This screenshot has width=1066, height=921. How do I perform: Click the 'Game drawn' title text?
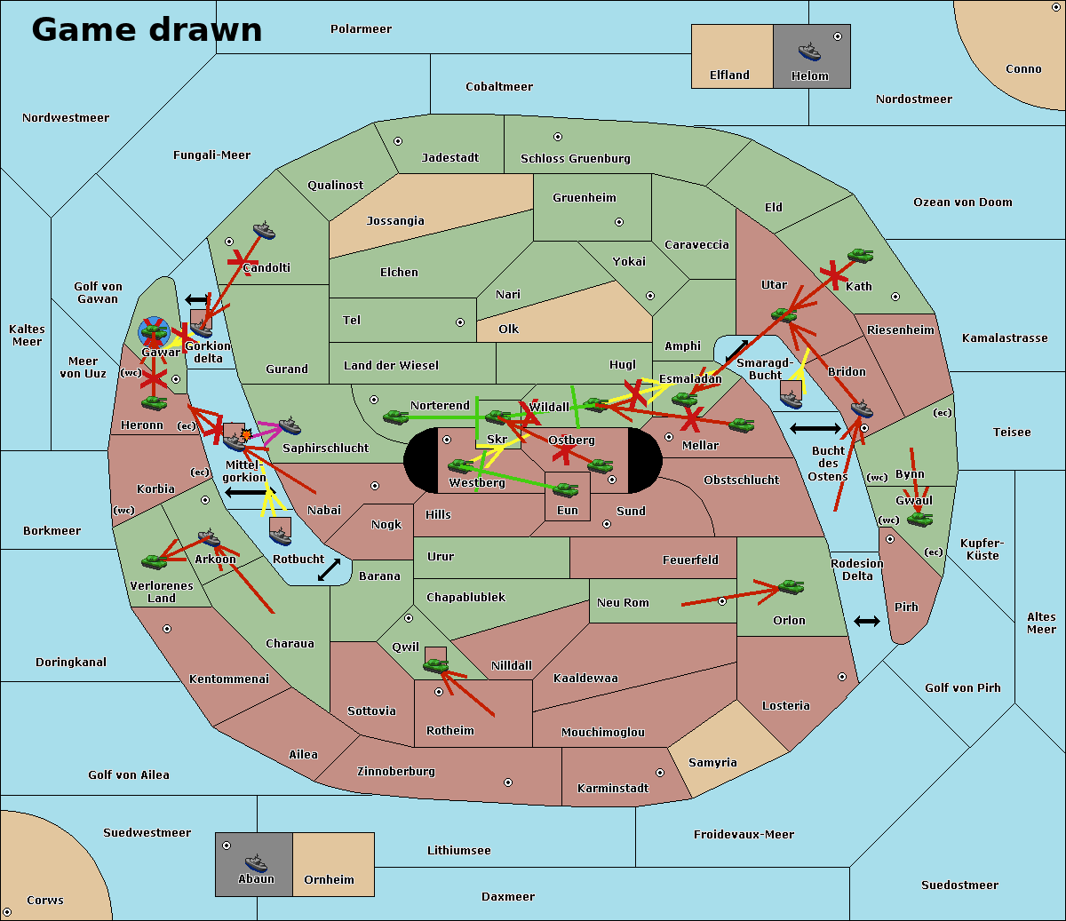[147, 29]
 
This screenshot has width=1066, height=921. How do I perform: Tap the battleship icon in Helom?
[809, 51]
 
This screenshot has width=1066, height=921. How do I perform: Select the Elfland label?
[729, 75]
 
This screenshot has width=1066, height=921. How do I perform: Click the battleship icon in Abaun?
[256, 862]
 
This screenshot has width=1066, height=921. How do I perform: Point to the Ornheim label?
[329, 880]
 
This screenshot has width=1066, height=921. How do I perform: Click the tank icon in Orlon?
[790, 587]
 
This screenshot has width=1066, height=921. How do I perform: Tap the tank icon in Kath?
[859, 256]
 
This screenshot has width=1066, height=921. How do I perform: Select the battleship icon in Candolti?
[264, 231]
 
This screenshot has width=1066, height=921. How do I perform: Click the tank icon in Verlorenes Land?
[155, 561]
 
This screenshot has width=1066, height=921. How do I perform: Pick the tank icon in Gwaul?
[919, 519]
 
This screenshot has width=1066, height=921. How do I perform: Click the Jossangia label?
[395, 221]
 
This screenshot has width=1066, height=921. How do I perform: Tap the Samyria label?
[712, 763]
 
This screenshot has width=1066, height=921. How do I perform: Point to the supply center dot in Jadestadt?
[398, 141]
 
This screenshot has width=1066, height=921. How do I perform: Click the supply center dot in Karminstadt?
[659, 773]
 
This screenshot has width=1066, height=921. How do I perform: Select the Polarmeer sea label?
[361, 29]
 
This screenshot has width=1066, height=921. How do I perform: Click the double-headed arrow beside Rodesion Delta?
[867, 621]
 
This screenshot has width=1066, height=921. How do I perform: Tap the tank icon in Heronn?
[155, 402]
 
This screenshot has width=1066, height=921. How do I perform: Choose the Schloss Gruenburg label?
[575, 159]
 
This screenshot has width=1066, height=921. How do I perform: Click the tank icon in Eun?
[565, 489]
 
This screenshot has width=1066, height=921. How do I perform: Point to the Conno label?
[1023, 69]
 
